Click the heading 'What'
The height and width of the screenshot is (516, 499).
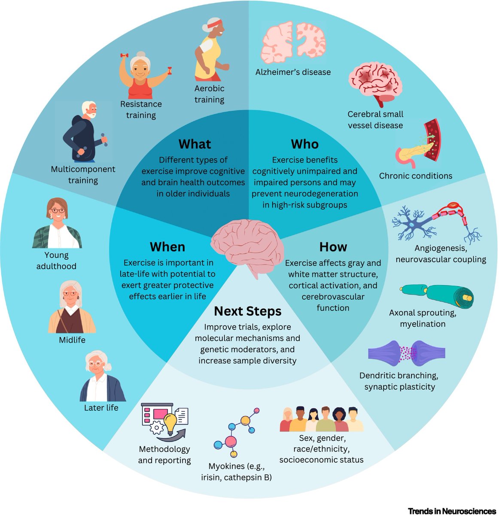pyautogui.click(x=195, y=144)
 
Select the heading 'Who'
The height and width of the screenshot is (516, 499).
pyautogui.click(x=304, y=144)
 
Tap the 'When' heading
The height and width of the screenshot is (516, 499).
pyautogui.click(x=167, y=247)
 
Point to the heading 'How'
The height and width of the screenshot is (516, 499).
pyautogui.click(x=333, y=247)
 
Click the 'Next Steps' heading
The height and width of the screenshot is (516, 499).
pyautogui.click(x=248, y=311)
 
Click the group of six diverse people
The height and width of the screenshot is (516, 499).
pyautogui.click(x=321, y=419)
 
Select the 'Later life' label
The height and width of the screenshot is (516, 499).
pyautogui.click(x=101, y=408)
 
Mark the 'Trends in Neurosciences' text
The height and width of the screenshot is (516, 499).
pyautogui.click(x=451, y=511)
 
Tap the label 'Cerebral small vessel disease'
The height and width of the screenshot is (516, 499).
pyautogui.click(x=375, y=120)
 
